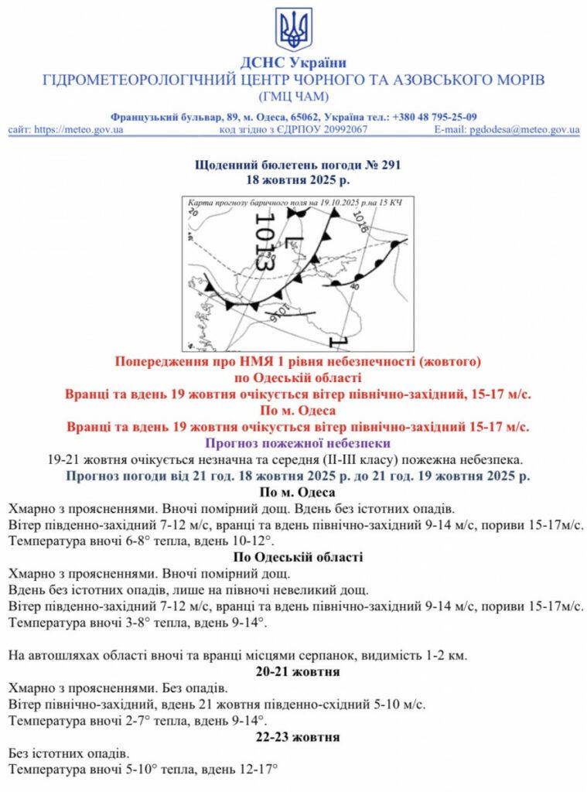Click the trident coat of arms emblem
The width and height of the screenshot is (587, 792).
click(x=294, y=30)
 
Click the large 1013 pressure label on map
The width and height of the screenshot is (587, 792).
click(x=264, y=241)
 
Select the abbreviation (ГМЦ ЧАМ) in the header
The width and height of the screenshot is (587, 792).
click(x=293, y=97)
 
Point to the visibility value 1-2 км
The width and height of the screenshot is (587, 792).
click(x=444, y=656)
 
